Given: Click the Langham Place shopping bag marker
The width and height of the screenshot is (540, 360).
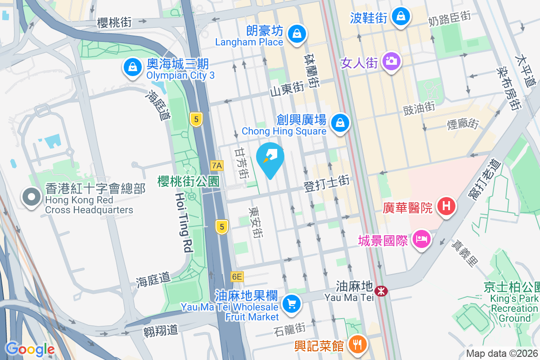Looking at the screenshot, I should coord(297,33).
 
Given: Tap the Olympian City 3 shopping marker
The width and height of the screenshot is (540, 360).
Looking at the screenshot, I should coord(133,68).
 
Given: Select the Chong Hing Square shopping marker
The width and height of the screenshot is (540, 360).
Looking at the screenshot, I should coord(340,122).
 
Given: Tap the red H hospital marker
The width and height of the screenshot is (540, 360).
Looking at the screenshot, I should coord(446,207).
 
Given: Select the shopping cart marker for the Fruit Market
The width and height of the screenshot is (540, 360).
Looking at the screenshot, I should coord(291,304).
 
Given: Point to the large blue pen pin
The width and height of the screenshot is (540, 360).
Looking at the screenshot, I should coord(270,159).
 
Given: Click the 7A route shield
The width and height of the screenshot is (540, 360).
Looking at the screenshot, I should coord(217,166).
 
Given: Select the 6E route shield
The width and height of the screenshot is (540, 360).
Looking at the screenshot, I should coord(237,277).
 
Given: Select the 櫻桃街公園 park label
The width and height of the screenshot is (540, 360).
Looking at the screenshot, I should coord(188,181).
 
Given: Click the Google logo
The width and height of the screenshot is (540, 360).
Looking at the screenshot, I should coord(30,349).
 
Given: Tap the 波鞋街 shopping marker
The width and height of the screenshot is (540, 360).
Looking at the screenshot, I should coord(400,17).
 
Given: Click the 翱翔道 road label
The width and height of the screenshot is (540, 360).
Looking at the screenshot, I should coord(161,330).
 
